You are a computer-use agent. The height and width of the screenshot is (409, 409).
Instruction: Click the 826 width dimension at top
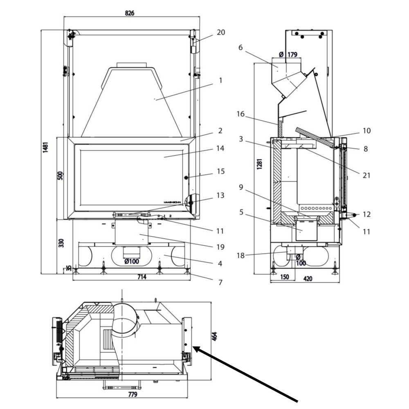point(129,13)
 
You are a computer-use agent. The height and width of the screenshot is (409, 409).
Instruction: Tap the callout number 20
point(220,32)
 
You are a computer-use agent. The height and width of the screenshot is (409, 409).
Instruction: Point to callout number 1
point(220,81)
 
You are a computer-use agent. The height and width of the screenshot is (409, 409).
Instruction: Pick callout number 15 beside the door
point(220,171)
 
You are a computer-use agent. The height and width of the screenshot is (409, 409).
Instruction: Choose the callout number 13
point(220,196)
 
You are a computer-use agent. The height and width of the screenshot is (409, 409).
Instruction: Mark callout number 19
point(220,247)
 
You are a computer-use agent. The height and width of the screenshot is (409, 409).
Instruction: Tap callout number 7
point(220,282)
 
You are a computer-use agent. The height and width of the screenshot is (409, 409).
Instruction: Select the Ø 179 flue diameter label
point(288,54)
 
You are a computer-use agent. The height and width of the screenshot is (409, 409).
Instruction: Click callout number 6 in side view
point(240,47)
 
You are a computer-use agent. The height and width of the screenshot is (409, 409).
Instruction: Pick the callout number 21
point(366,175)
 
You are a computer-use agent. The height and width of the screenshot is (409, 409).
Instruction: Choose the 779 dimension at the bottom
point(132,395)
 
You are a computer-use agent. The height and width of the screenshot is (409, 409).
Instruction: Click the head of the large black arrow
point(195,348)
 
